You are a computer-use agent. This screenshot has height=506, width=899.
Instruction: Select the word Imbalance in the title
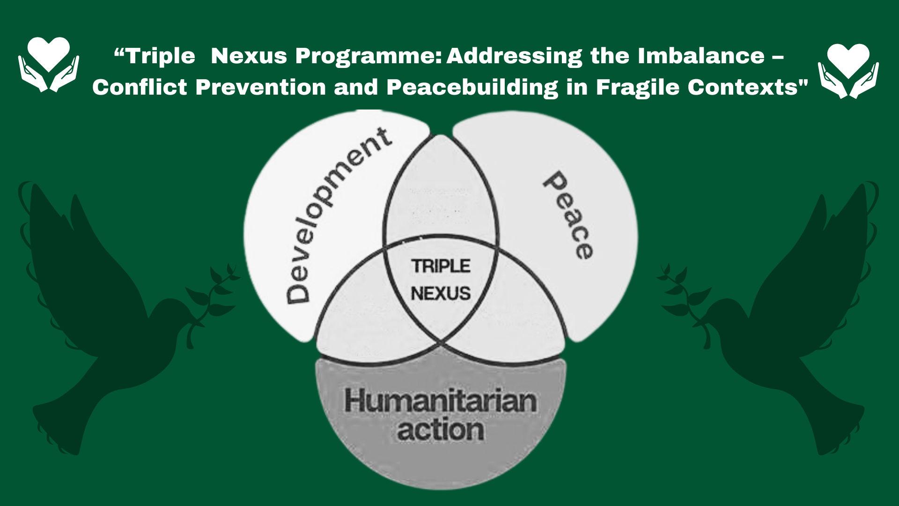tap(701, 56)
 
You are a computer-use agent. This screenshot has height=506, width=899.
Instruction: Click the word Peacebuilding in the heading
tap(472, 87)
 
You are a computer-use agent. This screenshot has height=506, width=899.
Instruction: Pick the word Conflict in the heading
tap(140, 87)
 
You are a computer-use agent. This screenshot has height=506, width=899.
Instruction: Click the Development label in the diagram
tap(337, 216)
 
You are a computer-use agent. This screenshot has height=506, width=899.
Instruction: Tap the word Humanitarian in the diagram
tap(440, 401)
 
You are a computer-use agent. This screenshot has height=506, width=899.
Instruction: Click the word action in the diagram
tap(440, 430)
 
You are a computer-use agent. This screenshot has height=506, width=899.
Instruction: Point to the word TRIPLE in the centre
tap(441, 266)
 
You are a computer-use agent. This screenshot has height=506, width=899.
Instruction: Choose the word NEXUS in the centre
tap(441, 294)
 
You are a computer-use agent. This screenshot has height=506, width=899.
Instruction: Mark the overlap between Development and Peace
tap(440, 192)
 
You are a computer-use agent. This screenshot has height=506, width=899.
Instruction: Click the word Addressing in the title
tap(514, 56)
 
